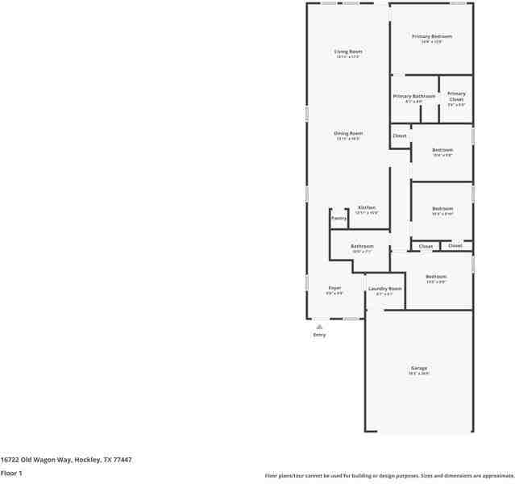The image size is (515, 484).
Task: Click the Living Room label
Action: click(348, 52)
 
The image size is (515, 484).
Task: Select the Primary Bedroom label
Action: click(432, 36)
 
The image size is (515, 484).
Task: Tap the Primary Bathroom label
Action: click(413, 96)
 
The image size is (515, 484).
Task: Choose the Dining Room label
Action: click(348, 133)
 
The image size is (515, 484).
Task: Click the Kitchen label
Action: click(367, 207)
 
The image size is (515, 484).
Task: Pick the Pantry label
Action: click(338, 218)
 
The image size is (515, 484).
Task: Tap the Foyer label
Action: click(334, 288)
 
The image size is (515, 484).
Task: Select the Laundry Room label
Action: click(384, 288)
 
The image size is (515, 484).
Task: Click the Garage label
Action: click(419, 368)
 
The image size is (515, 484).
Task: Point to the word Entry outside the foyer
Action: click(319, 335)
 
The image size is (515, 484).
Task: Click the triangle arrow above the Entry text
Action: click(319, 326)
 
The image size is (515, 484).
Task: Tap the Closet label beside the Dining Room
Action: click(400, 136)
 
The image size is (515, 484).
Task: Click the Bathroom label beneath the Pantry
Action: click(362, 246)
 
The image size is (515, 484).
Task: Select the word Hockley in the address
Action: click(87, 460)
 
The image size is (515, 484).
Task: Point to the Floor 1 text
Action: click(11, 473)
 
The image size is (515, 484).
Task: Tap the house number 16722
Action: click(10, 460)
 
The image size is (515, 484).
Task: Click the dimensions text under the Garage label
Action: click(419, 373)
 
